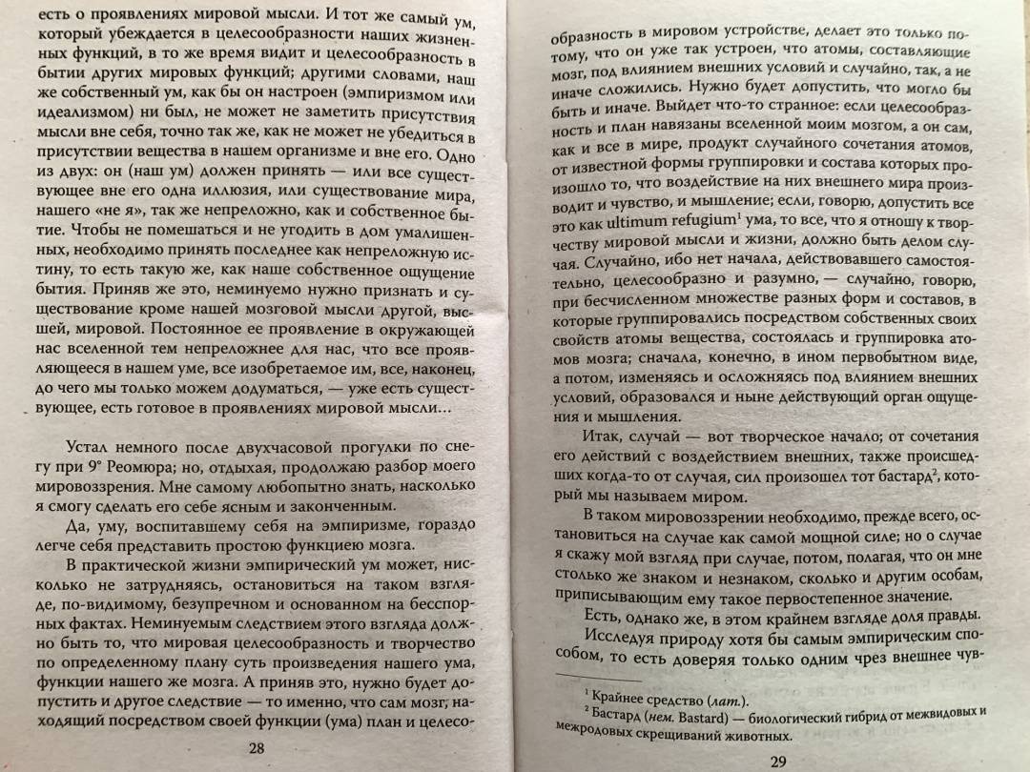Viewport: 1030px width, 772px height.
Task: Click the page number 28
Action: pyautogui.click(x=256, y=749)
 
